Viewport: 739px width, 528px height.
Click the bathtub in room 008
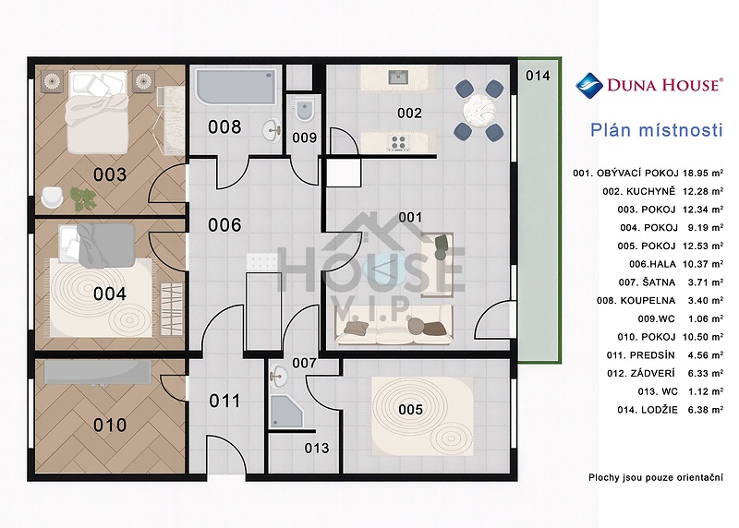click(x=236, y=86)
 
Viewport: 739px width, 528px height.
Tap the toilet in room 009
click(x=304, y=111)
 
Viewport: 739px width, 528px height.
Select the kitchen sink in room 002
click(x=398, y=77)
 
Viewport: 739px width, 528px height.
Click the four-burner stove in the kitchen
click(x=398, y=142)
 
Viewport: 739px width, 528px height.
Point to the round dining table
click(x=479, y=111)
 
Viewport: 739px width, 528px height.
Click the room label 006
click(x=224, y=225)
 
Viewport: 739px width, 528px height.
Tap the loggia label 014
click(x=538, y=76)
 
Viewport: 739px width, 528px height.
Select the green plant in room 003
click(x=83, y=198)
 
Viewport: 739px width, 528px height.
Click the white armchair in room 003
click(x=52, y=197)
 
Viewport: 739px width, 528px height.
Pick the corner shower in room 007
click(x=285, y=411)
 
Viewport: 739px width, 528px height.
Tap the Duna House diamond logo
click(x=589, y=85)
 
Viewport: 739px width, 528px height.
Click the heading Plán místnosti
click(x=657, y=130)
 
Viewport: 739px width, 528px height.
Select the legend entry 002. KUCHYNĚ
click(x=638, y=191)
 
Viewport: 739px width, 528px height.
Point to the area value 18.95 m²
click(x=703, y=173)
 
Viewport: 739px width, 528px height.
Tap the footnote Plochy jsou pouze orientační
click(x=656, y=477)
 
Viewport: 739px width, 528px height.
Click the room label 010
click(x=110, y=426)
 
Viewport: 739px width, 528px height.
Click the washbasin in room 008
click(x=272, y=129)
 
